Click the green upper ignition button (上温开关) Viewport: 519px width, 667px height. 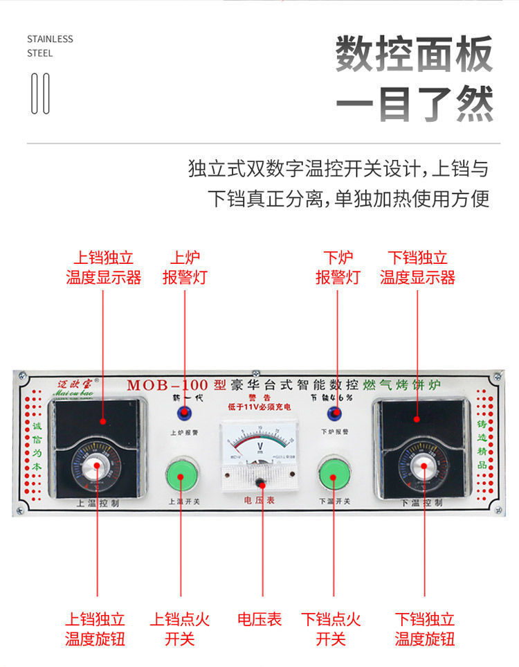pyautogui.click(x=181, y=474)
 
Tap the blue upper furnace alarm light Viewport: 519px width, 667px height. pyautogui.click(x=184, y=414)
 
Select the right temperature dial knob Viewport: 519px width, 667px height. pyautogui.click(x=422, y=469)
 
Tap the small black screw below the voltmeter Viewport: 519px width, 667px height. pyautogui.click(x=260, y=481)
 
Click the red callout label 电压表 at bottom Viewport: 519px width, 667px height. pyautogui.click(x=259, y=619)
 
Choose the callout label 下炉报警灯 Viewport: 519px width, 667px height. pyautogui.click(x=338, y=268)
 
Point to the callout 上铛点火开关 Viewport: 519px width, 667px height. pyautogui.click(x=180, y=628)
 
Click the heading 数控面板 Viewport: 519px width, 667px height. pyautogui.click(x=414, y=54)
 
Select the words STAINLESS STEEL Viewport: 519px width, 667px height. pyautogui.click(x=50, y=46)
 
